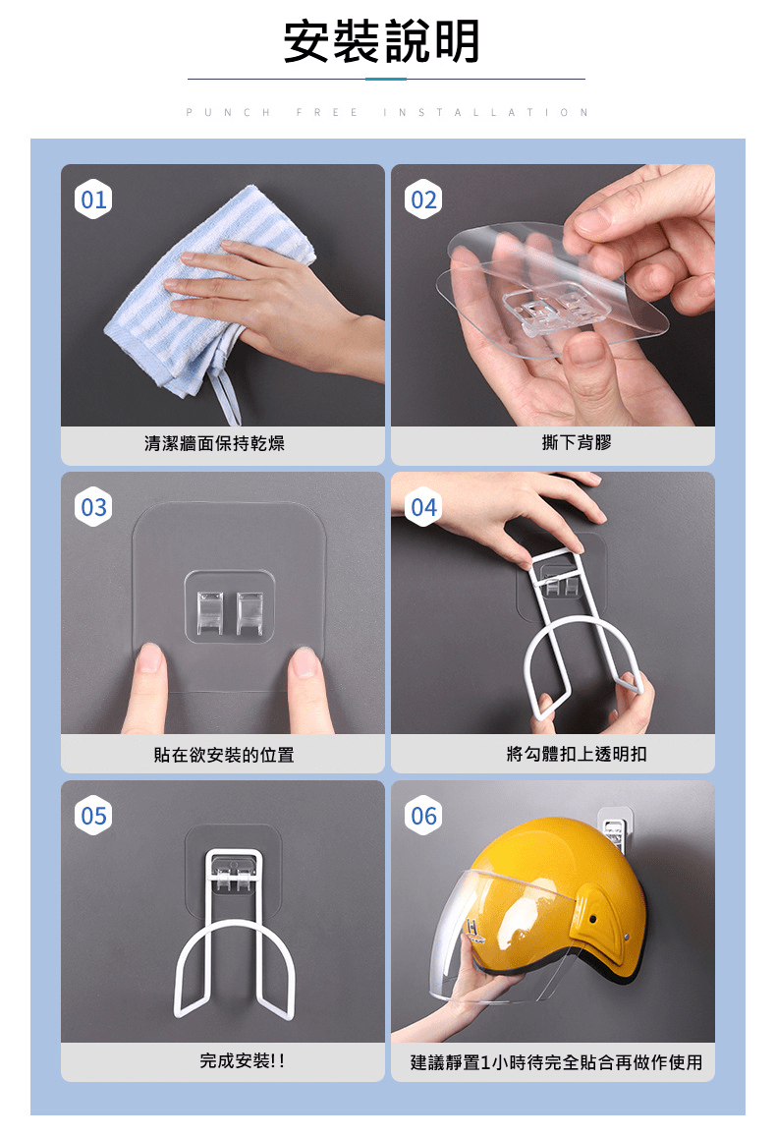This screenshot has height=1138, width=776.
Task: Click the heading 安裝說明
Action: [381, 41]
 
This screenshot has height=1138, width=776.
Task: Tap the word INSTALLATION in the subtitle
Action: [486, 112]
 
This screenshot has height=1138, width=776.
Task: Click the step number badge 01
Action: [93, 199]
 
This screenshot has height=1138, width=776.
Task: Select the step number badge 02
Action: [423, 199]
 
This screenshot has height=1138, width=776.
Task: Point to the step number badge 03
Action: [93, 506]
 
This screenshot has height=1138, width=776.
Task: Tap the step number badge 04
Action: [423, 506]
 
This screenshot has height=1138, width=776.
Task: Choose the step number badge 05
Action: [93, 815]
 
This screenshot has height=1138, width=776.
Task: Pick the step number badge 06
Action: [423, 815]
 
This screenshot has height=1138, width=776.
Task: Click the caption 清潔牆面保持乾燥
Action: [215, 442]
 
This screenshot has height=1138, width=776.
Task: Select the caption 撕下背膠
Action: [577, 442]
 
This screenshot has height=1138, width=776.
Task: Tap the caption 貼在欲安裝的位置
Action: [224, 755]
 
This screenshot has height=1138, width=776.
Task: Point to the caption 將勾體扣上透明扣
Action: [577, 754]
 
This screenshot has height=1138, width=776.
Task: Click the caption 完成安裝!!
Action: [243, 1061]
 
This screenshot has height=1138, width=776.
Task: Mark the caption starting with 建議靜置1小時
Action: [556, 1062]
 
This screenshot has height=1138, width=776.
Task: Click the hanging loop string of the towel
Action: [225, 395]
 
